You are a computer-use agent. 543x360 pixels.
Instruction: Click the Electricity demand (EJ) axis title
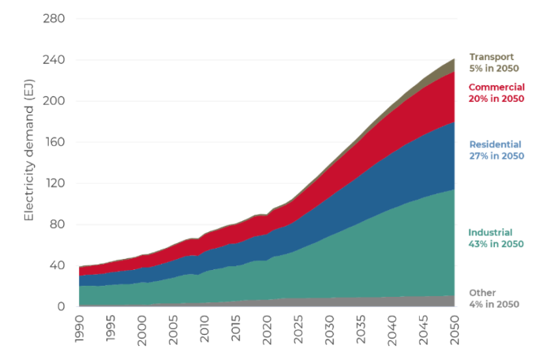pyautogui.click(x=29, y=163)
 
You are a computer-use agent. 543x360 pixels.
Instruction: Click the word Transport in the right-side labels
pyautogui.click(x=492, y=57)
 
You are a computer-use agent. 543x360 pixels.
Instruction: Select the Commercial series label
pyautogui.click(x=497, y=87)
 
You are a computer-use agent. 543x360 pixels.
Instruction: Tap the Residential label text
pyautogui.click(x=496, y=144)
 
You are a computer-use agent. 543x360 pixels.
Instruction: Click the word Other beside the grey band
pyautogui.click(x=483, y=292)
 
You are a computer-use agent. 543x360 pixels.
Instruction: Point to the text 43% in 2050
pyautogui.click(x=496, y=244)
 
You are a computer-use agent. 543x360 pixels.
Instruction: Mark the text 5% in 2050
pyautogui.click(x=494, y=69)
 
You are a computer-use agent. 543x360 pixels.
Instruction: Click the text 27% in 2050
pyautogui.click(x=496, y=156)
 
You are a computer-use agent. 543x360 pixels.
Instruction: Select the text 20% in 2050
pyautogui.click(x=496, y=99)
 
